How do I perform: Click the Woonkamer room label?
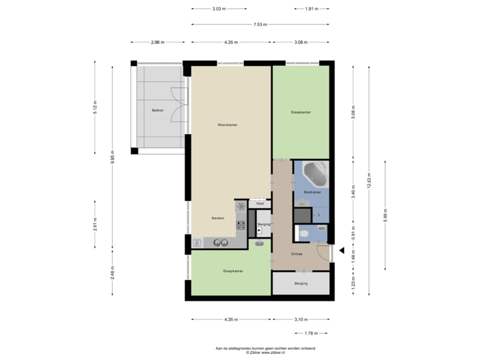227,125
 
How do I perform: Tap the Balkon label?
157,110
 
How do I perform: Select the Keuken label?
217,218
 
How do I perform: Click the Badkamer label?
312,193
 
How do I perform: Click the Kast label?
260,203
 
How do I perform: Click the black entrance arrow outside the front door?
341,251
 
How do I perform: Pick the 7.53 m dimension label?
260,25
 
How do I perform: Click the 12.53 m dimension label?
369,180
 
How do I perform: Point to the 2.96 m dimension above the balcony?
157,42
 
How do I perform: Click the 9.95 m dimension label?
111,159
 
